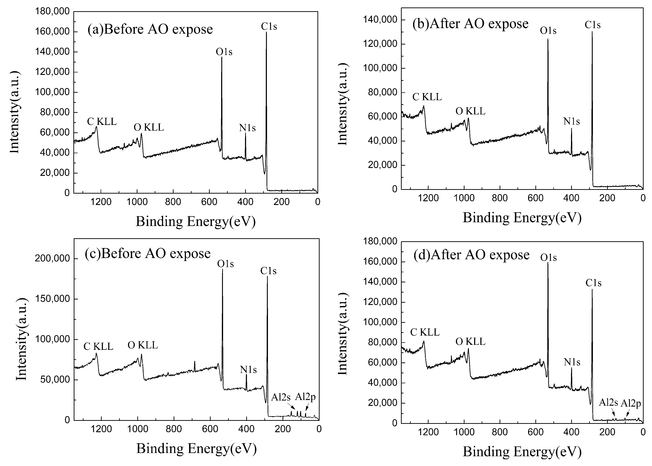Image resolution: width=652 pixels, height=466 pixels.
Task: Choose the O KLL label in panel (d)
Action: coord(470,342)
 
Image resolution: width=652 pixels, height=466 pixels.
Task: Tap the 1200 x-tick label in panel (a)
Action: coord(101,202)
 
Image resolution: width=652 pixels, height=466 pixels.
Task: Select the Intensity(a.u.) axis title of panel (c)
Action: coord(22,339)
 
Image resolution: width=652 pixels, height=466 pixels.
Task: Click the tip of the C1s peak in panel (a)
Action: coord(266,32)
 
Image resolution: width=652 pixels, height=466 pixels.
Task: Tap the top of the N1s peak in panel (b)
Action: coord(571,128)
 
